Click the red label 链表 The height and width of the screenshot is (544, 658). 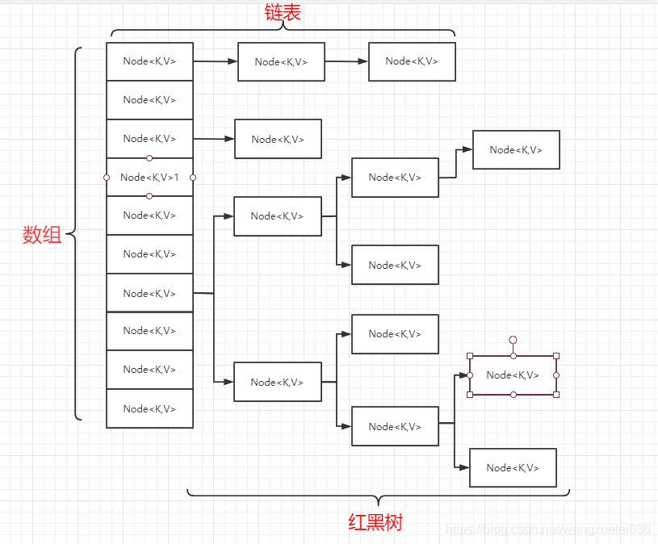tap(283, 13)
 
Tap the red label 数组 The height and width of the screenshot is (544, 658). tap(42, 235)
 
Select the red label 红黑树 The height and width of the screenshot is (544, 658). tap(375, 522)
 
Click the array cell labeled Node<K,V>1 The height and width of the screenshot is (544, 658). tap(149, 177)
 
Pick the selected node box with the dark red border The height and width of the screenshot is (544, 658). tap(513, 375)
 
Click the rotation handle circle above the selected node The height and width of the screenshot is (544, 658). tap(513, 341)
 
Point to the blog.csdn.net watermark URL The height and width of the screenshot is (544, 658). tap(548, 529)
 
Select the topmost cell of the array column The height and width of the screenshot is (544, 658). tap(149, 61)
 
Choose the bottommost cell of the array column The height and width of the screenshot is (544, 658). tap(149, 408)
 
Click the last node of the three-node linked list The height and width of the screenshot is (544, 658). tap(412, 61)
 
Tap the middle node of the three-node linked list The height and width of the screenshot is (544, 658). tap(281, 62)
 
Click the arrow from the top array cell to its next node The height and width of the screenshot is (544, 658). tap(216, 61)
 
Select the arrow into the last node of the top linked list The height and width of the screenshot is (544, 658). tap(346, 61)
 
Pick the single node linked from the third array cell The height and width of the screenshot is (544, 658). tap(278, 139)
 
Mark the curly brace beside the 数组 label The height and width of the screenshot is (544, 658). tap(74, 235)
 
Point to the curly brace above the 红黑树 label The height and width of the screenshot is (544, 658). tap(378, 494)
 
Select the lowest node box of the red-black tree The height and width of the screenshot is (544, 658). tap(513, 467)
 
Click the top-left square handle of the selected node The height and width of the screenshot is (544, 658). tap(470, 356)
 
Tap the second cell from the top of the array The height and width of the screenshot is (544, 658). tap(149, 100)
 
